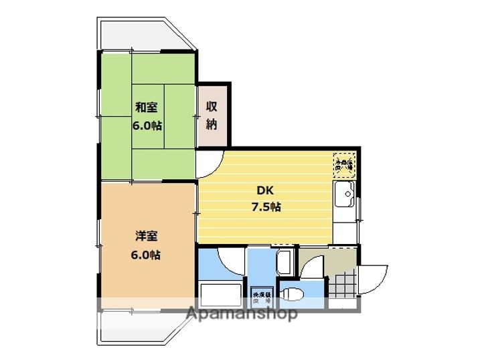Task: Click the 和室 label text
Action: pyautogui.click(x=147, y=107)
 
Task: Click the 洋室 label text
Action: pyautogui.click(x=146, y=235)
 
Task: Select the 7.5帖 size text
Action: pyautogui.click(x=266, y=207)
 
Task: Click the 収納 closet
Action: pyautogui.click(x=213, y=115)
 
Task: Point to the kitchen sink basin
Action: pyautogui.click(x=346, y=197)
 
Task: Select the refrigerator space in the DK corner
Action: pyautogui.click(x=344, y=163)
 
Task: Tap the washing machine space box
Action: pyautogui.click(x=261, y=297)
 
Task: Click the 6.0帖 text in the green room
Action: pyautogui.click(x=147, y=125)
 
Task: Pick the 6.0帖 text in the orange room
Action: pyautogui.click(x=146, y=255)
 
